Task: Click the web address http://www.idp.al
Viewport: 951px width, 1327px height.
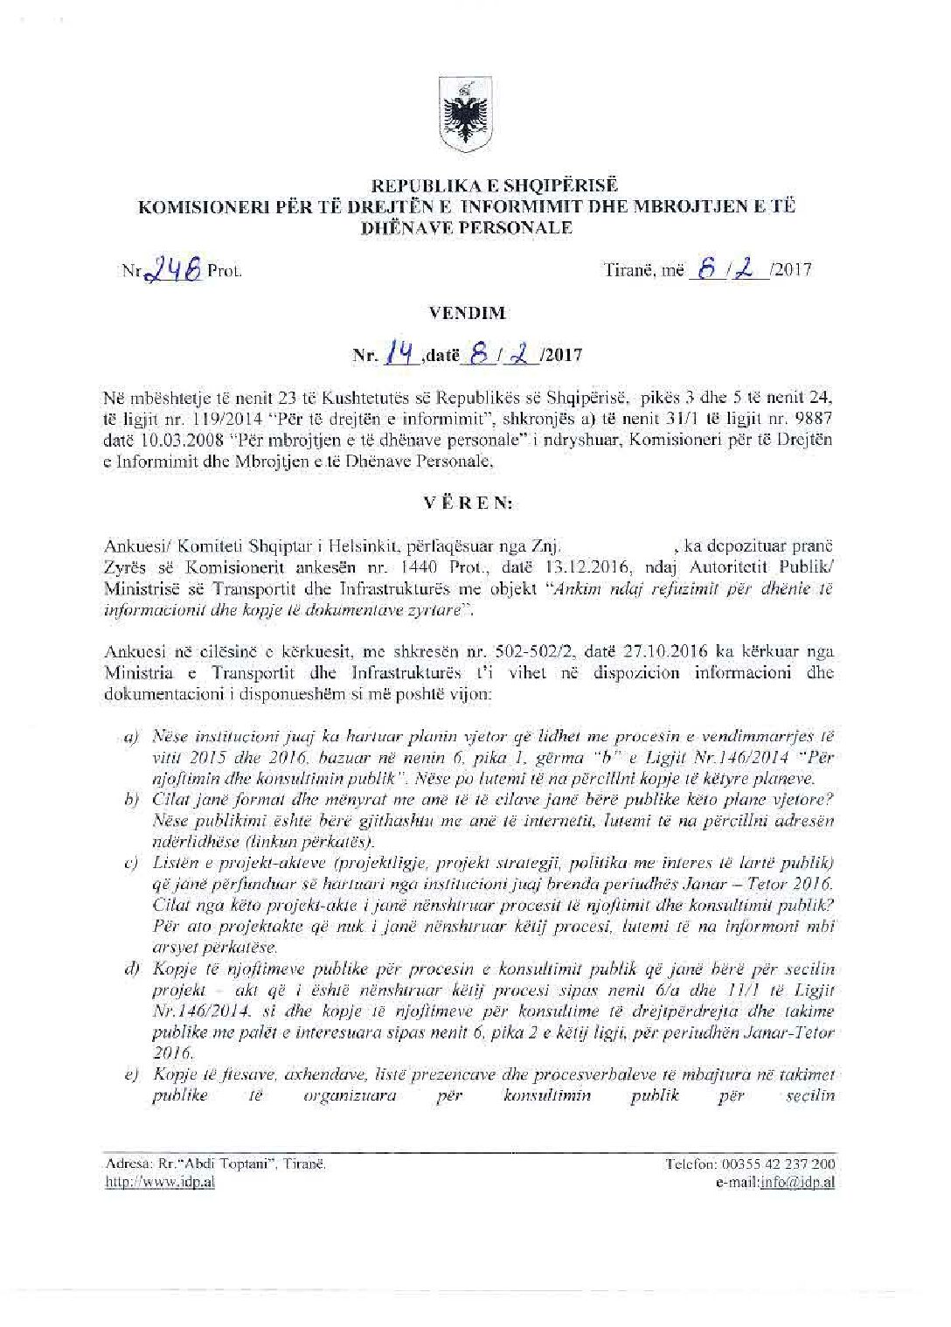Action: click(159, 1182)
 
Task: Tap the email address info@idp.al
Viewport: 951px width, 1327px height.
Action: click(796, 1182)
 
